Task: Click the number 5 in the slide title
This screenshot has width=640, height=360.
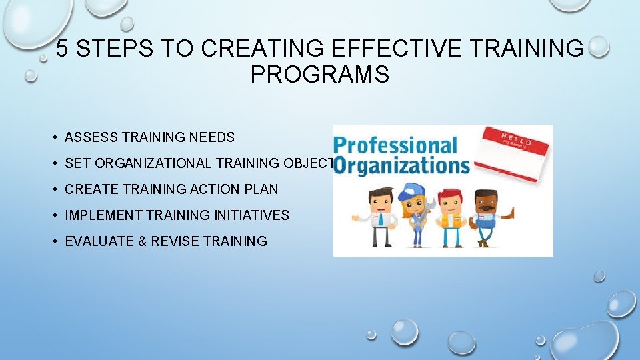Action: point(61,49)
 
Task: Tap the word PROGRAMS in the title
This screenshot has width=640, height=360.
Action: point(319,75)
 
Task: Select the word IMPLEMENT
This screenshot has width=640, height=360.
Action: point(104,215)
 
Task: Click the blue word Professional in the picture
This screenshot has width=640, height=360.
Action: point(395,145)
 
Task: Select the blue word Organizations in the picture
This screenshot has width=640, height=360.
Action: point(401,164)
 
